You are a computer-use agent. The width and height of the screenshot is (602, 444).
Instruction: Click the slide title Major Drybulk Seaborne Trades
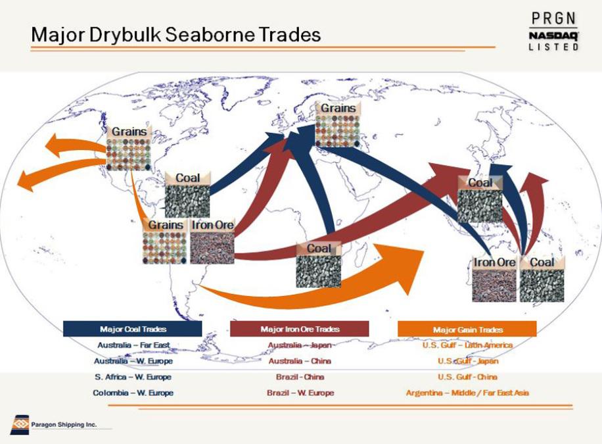tap(176, 34)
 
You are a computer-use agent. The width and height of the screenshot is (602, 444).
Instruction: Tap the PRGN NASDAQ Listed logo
tap(553, 31)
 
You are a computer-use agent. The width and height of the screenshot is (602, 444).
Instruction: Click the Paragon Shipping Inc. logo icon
tap(20, 425)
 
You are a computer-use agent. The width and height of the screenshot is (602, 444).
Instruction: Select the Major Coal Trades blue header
tap(133, 329)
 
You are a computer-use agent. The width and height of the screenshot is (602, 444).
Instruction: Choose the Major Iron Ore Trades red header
tap(300, 329)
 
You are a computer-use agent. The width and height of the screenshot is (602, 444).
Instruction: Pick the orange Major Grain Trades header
tap(467, 330)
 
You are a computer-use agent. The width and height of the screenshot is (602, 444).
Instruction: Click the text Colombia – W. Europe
tap(133, 393)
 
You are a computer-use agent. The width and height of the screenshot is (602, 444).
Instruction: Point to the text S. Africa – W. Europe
tap(133, 377)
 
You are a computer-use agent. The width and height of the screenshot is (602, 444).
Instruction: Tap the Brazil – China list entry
tap(300, 377)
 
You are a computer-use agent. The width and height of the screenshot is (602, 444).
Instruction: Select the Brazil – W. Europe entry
tap(300, 393)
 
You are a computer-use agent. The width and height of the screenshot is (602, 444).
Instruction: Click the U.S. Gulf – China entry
tap(467, 377)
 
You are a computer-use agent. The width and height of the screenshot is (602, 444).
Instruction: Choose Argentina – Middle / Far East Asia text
tap(467, 393)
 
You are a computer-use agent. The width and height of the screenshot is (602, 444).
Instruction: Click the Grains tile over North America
tap(129, 147)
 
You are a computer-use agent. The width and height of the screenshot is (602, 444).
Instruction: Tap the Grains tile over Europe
tap(338, 124)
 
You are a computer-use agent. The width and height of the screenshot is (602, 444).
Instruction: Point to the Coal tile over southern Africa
tap(319, 264)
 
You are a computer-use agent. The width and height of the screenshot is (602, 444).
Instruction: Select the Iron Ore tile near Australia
tap(494, 279)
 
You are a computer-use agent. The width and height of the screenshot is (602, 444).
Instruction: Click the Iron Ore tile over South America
tap(212, 241)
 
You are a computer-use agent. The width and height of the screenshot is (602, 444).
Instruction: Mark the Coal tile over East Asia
tap(480, 199)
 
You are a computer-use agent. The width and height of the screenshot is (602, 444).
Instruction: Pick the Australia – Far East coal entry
tap(133, 345)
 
